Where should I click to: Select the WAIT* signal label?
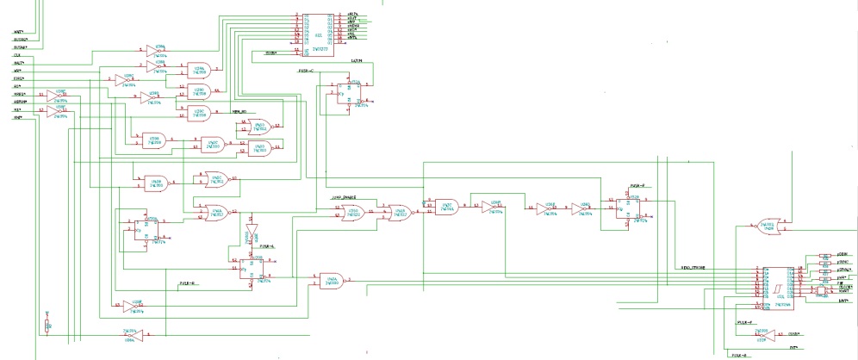18,31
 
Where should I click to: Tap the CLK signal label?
16,55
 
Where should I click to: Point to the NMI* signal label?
17,118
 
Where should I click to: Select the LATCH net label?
357,61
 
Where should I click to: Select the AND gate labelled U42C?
447,207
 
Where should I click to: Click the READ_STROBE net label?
694,268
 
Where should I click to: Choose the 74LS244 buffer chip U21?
779,285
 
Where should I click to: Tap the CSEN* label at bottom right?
805,332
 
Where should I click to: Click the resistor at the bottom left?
47,325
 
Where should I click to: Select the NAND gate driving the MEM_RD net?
200,111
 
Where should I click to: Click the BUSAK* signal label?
18,47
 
